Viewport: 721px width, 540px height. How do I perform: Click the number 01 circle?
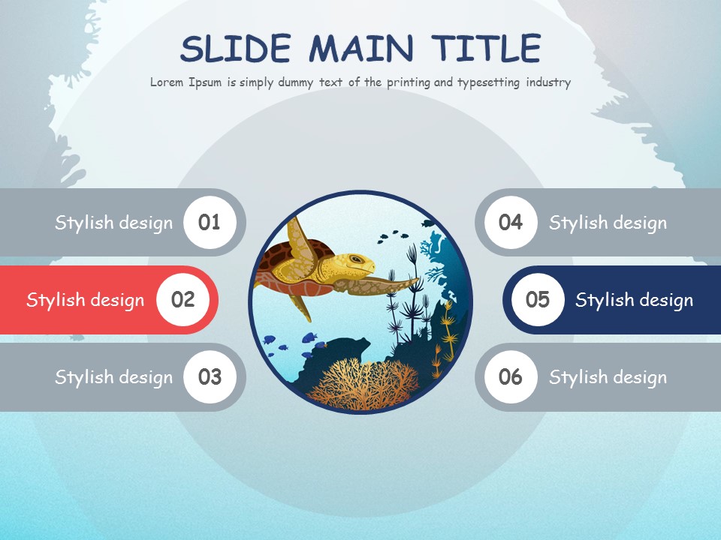point(210,222)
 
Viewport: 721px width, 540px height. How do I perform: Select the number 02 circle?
point(183,300)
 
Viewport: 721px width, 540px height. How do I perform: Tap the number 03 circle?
point(210,376)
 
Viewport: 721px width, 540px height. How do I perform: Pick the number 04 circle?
point(511,222)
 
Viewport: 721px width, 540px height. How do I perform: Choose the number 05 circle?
point(538,300)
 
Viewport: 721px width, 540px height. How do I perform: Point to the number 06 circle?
point(511,376)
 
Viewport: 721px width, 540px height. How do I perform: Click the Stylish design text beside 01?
point(113,223)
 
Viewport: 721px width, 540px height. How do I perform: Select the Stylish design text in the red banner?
point(85,301)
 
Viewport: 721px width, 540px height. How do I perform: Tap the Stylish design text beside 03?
point(113,377)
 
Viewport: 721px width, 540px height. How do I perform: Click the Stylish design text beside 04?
point(608,223)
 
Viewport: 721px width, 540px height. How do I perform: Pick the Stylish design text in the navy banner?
point(634,301)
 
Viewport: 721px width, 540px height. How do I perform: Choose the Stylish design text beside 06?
point(608,377)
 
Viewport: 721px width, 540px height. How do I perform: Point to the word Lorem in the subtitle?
point(167,82)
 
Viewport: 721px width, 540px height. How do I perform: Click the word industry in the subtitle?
point(548,82)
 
